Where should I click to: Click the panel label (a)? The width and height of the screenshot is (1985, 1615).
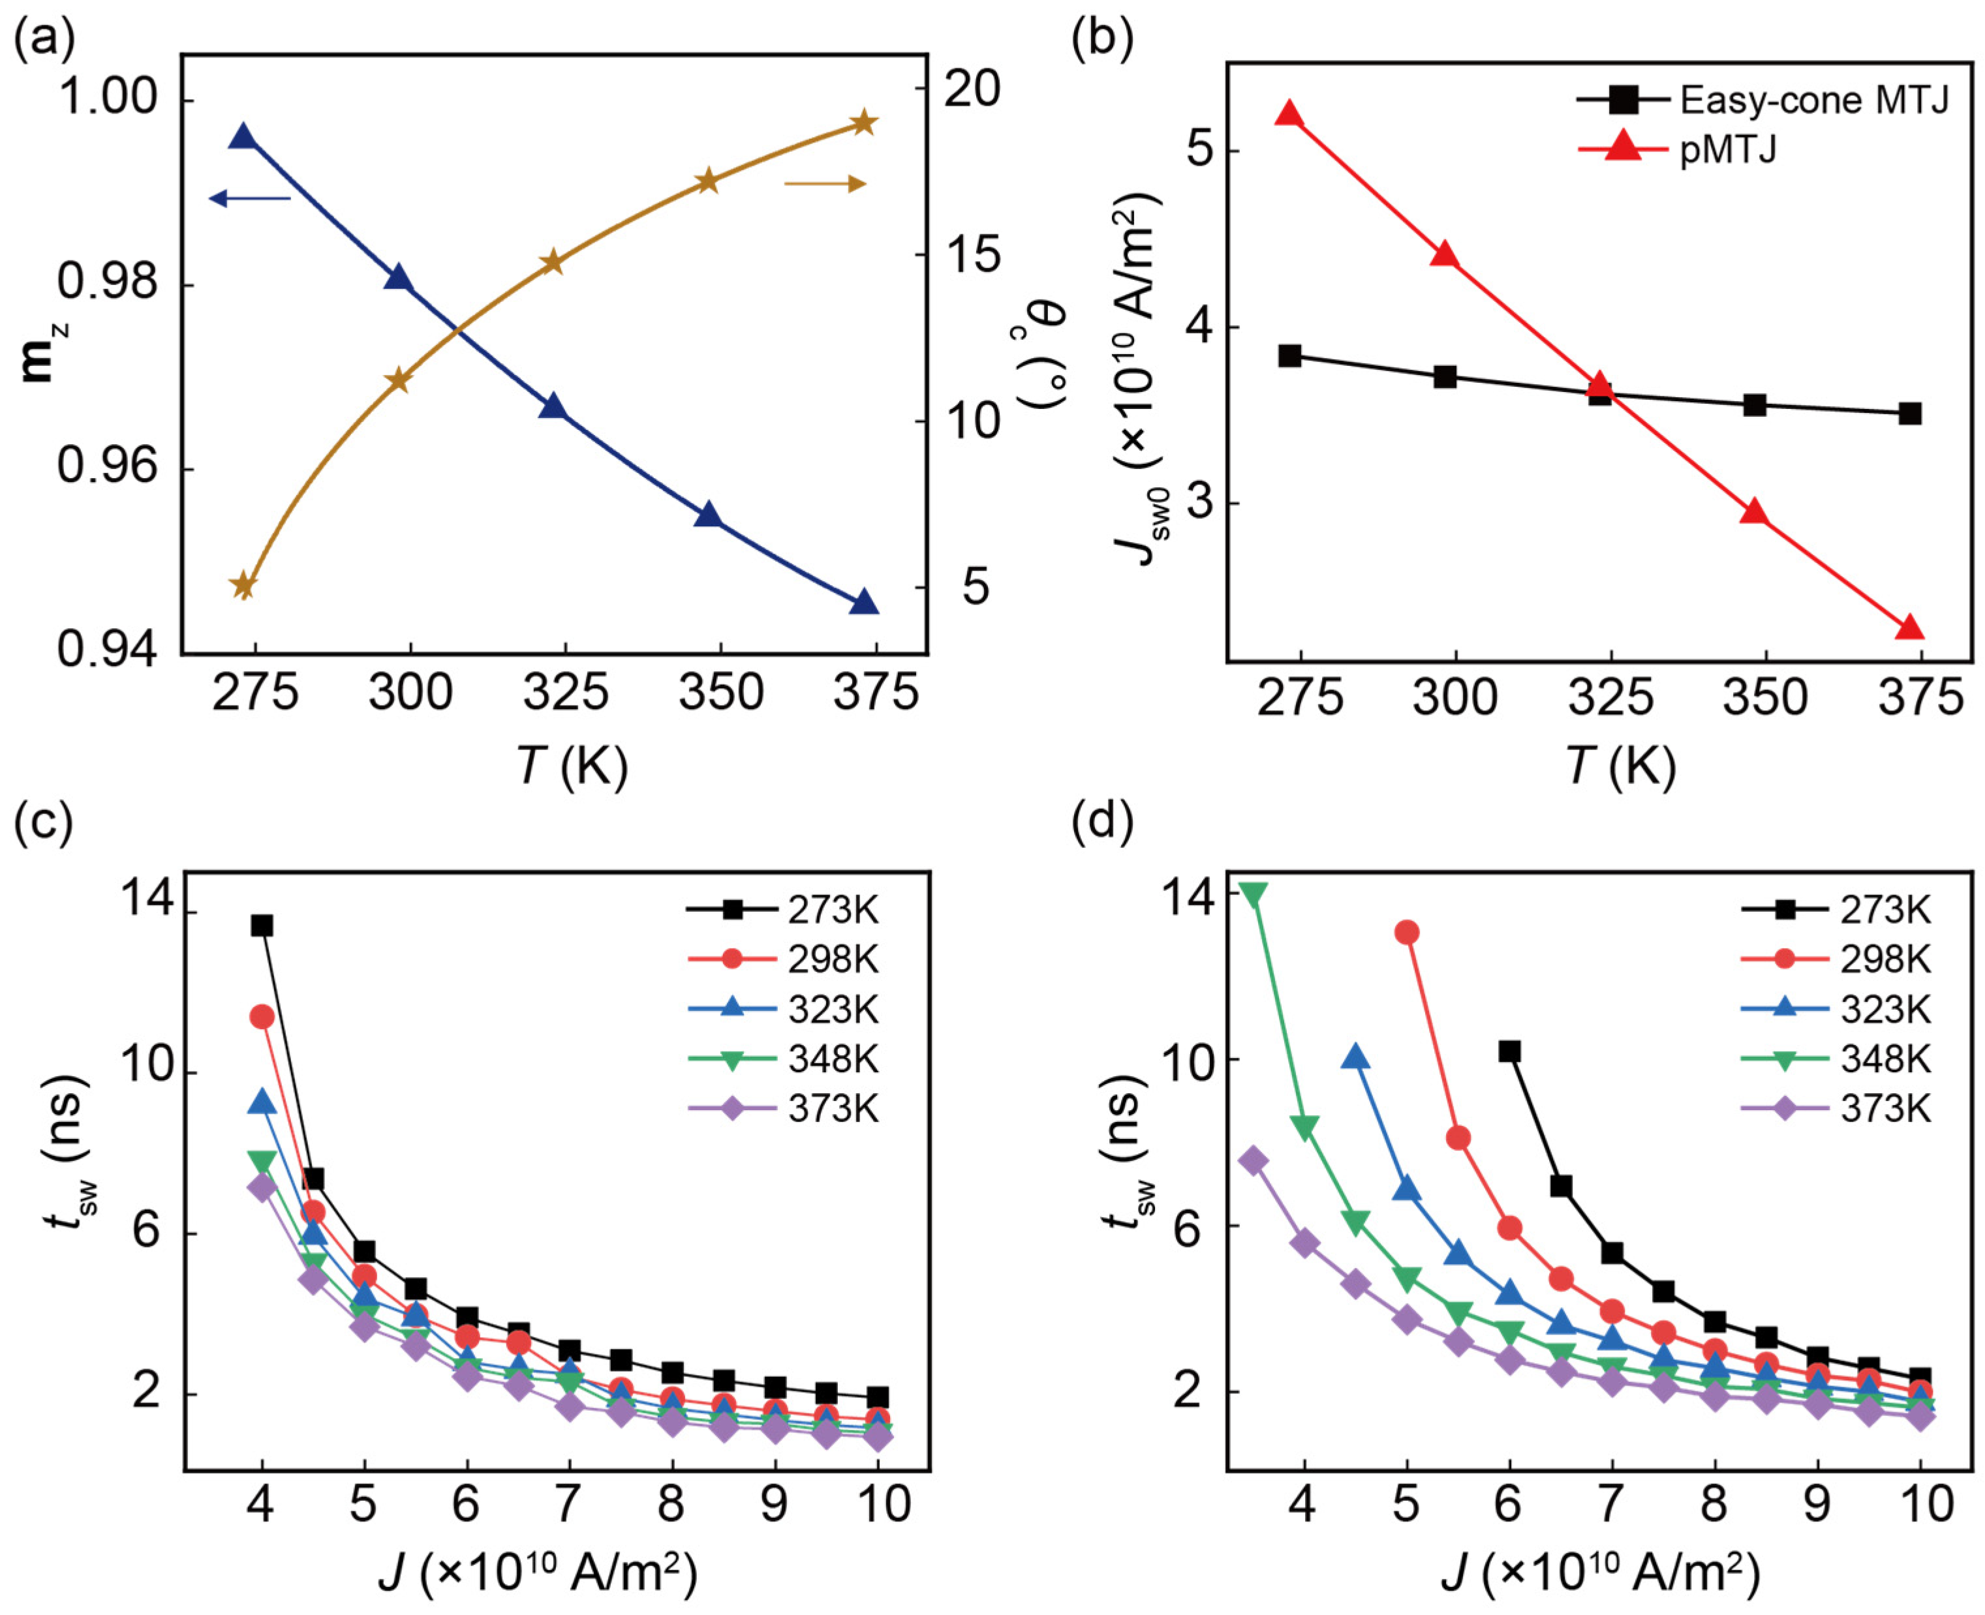coord(44,37)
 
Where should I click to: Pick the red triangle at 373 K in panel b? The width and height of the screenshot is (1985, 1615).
coord(1909,628)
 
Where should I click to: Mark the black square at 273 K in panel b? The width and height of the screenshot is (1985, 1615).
coord(1289,355)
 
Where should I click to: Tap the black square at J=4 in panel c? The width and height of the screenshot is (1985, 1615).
coord(262,926)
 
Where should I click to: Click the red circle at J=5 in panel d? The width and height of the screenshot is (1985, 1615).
coord(1407,932)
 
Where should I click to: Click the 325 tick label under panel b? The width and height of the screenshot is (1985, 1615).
coord(1610,698)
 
